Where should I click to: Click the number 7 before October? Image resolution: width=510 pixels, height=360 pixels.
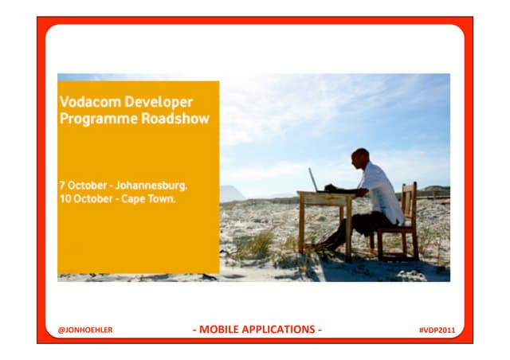[x=62, y=185]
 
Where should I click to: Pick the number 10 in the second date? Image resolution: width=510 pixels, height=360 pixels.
[x=65, y=198]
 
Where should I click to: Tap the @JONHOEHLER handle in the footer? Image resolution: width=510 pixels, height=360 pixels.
[x=85, y=330]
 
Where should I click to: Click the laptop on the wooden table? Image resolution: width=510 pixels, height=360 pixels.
[x=314, y=180]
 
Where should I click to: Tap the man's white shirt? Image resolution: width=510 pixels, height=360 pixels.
[x=380, y=191]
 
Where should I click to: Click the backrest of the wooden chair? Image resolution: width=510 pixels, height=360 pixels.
[x=409, y=202]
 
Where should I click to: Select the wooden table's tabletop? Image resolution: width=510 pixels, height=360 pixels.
[x=327, y=194]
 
